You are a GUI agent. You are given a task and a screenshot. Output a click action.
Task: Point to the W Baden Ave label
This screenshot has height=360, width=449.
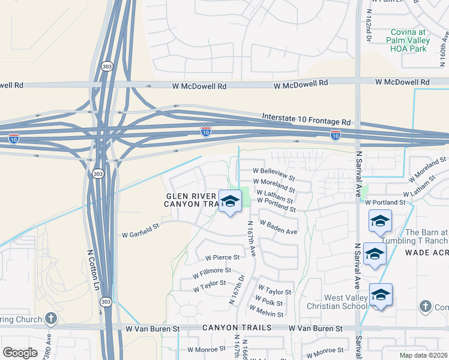click(x=278, y=227)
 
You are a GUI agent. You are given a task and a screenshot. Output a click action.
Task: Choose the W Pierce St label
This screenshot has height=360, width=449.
click(x=222, y=257)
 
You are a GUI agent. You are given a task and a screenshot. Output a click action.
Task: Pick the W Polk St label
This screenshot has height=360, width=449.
click(x=268, y=302)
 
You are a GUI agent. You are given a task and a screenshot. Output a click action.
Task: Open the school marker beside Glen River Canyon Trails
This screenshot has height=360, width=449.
click(x=229, y=202)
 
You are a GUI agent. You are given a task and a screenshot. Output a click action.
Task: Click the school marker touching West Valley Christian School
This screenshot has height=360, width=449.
click(x=381, y=295)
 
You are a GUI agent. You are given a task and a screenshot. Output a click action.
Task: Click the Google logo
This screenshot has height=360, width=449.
click(x=20, y=353)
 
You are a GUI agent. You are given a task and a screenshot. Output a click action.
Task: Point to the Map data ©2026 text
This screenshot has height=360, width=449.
click(x=423, y=355)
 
